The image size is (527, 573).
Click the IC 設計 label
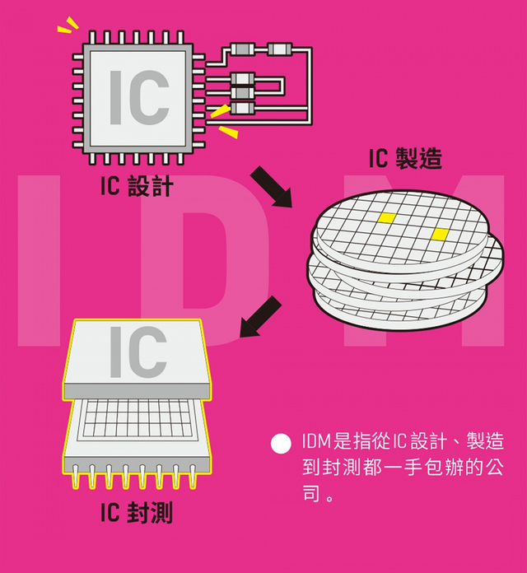click(x=136, y=186)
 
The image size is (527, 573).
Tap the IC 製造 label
click(x=405, y=157)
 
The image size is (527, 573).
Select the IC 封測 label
click(x=136, y=513)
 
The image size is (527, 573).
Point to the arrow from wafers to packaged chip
click(x=260, y=317)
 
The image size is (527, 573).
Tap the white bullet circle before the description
click(x=282, y=443)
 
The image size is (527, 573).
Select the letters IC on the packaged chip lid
click(x=138, y=350)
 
